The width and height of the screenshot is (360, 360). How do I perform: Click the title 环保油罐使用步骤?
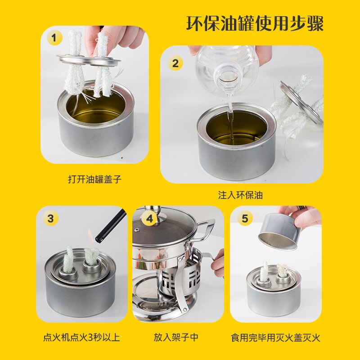[x=255, y=23]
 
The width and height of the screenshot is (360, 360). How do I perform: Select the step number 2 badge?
[x=175, y=63]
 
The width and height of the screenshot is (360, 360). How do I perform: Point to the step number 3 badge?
[x=50, y=219]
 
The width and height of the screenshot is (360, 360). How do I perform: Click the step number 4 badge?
[x=148, y=219]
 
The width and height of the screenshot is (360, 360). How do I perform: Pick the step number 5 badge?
[x=244, y=219]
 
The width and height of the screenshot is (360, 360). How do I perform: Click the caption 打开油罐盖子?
[x=94, y=179]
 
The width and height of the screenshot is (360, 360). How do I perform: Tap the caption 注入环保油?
[x=240, y=195]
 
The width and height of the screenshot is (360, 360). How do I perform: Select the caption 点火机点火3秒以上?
[x=81, y=337]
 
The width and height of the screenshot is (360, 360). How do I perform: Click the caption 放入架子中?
[x=175, y=337]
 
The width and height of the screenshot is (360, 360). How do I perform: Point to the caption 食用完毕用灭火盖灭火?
[x=275, y=337]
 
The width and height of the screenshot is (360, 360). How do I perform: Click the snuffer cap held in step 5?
[x=279, y=230]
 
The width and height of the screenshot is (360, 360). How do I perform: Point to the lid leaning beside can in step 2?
[x=301, y=103]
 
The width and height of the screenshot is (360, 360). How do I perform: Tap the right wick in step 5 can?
[x=283, y=272]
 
